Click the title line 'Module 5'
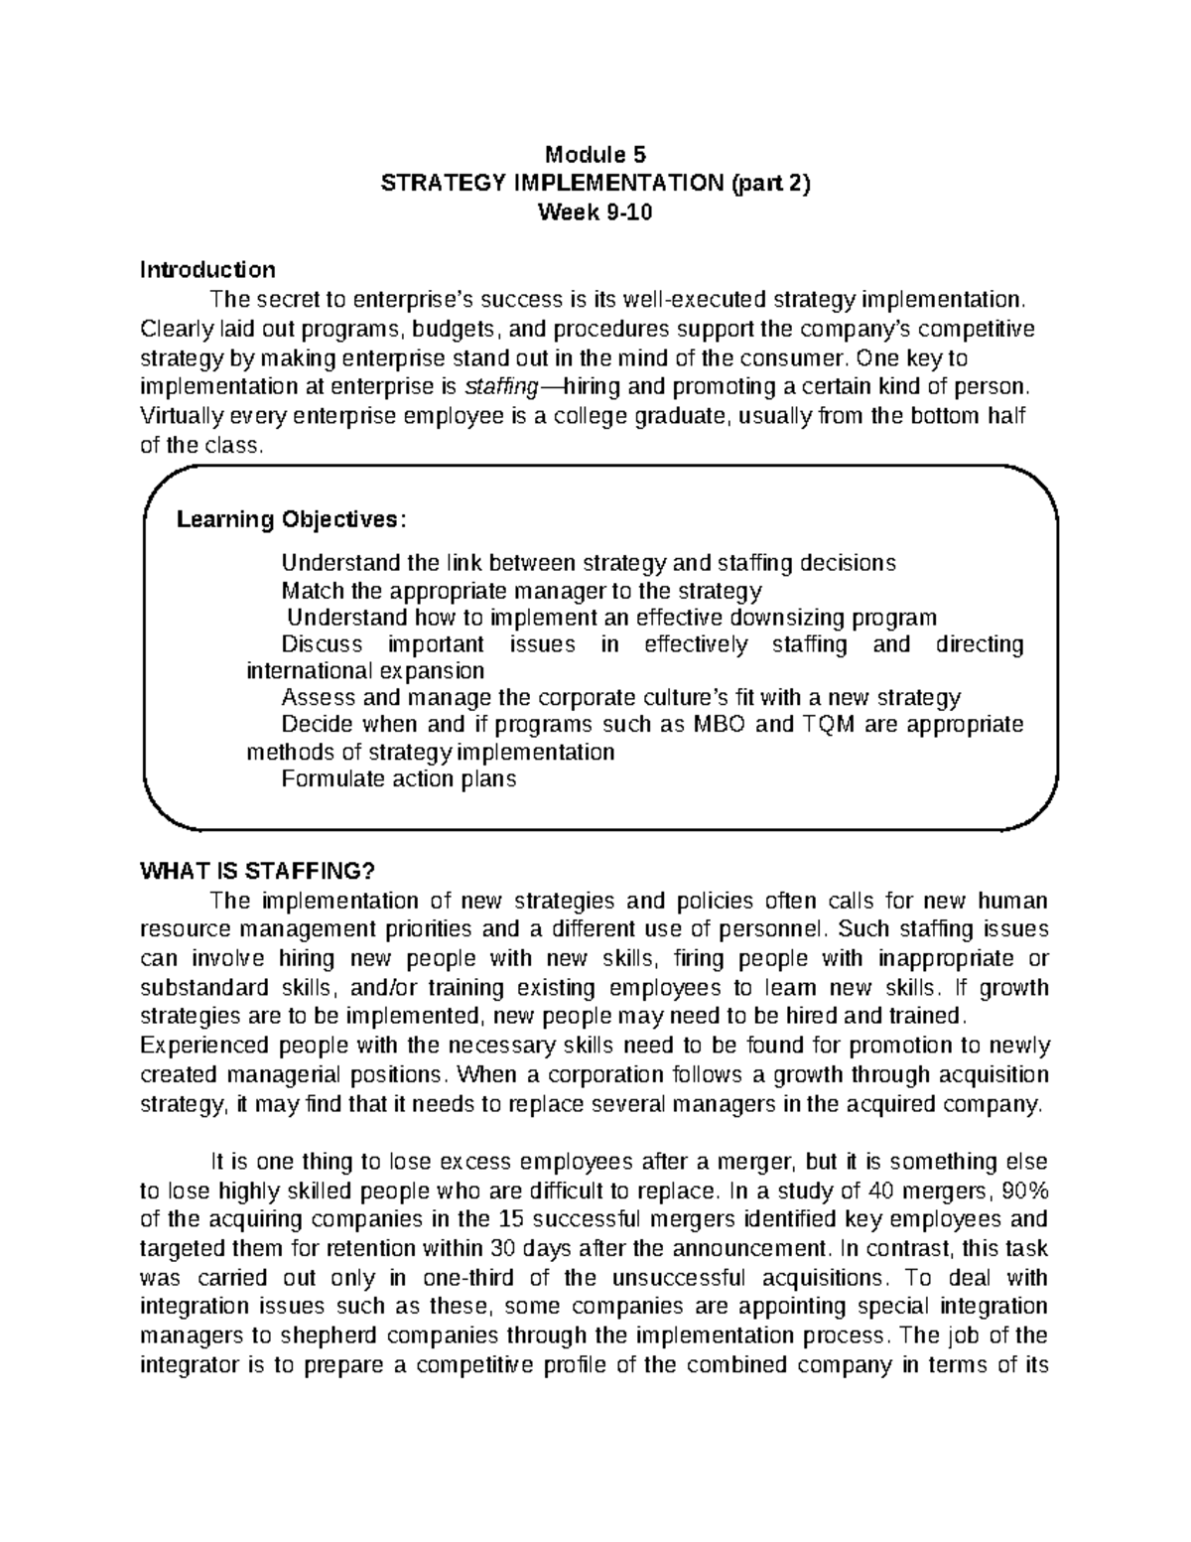pos(595,154)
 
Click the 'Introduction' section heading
pos(207,269)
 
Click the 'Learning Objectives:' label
pos(291,519)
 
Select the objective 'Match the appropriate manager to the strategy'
pos(521,591)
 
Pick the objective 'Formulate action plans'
pos(399,778)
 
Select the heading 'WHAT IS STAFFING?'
pos(259,872)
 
